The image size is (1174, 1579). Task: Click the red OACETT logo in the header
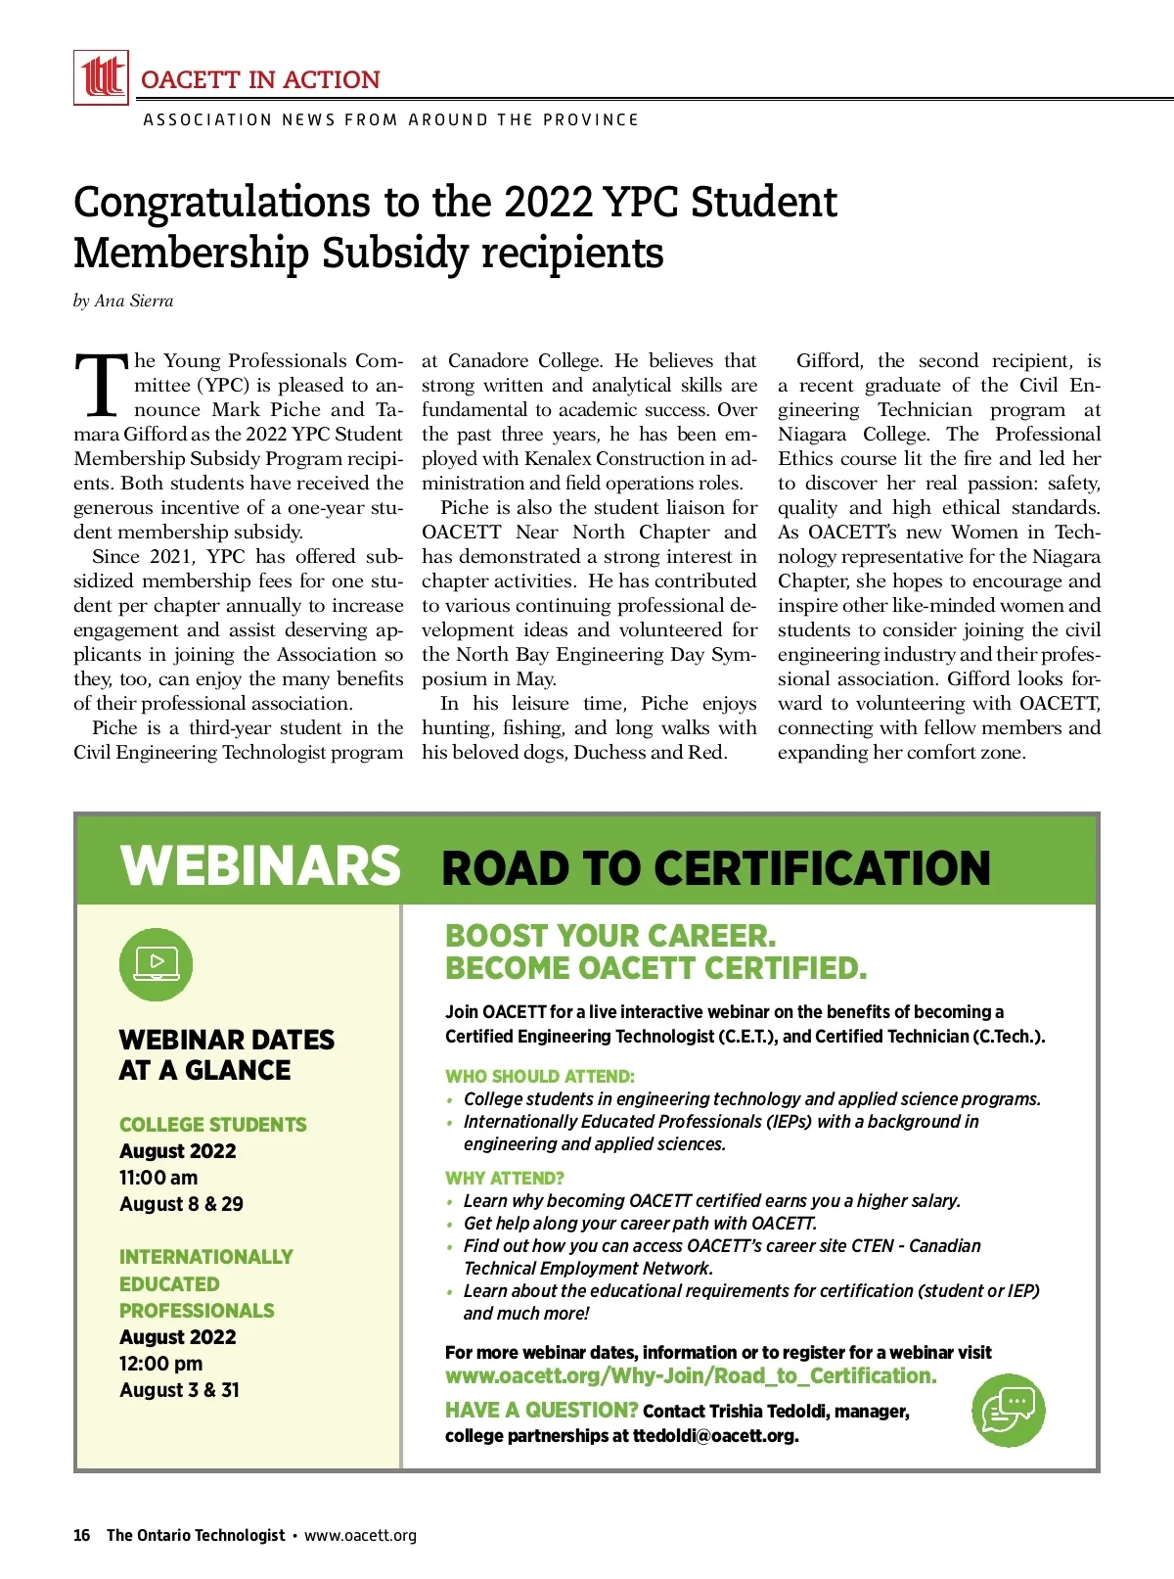[101, 77]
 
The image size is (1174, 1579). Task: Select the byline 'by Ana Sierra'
[123, 302]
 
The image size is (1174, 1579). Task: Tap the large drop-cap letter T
[102, 384]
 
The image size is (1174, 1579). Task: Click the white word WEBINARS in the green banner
[260, 865]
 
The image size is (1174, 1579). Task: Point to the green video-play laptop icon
[156, 964]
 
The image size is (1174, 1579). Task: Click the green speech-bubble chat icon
[1009, 1410]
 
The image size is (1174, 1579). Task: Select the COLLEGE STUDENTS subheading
[212, 1125]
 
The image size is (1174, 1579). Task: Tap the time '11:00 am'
[158, 1178]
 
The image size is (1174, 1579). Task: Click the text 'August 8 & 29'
[181, 1204]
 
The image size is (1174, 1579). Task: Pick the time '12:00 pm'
[160, 1364]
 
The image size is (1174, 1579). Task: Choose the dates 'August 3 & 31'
[179, 1390]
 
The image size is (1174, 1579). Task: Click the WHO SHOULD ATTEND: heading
[540, 1077]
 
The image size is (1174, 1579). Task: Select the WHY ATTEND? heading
[505, 1179]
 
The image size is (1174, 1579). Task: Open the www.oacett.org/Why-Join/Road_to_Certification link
[691, 1376]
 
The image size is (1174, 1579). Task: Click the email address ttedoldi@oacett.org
[715, 1436]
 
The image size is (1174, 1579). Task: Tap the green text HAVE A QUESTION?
[541, 1411]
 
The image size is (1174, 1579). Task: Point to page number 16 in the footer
[81, 1535]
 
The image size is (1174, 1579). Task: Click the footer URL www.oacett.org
[360, 1535]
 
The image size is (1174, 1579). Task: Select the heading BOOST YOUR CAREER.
[610, 936]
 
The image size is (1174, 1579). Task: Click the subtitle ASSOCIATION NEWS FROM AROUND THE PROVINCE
[390, 119]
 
